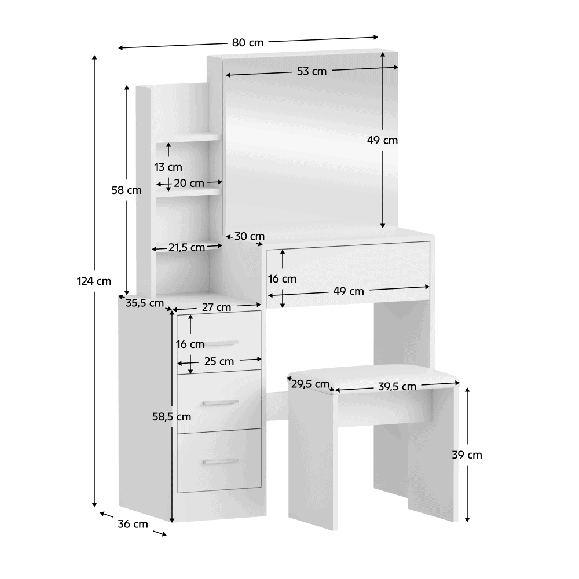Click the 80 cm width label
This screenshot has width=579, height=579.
(248, 43)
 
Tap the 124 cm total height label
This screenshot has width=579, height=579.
(94, 281)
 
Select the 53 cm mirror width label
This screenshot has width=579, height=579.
(312, 71)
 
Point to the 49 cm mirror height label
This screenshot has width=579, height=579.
(382, 140)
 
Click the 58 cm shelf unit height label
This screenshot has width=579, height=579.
(126, 190)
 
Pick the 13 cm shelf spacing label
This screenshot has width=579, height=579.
(168, 167)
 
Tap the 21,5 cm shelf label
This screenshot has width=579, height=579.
(186, 248)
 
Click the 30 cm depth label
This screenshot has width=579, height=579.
(249, 236)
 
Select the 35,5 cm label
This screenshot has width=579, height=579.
(144, 303)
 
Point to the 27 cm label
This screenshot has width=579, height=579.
(217, 307)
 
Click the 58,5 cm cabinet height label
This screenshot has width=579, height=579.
(172, 417)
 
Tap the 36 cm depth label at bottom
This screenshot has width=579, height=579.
(133, 524)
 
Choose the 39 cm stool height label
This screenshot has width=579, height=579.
(467, 455)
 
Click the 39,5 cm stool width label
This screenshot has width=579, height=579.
(397, 387)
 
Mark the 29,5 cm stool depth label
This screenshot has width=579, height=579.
(310, 384)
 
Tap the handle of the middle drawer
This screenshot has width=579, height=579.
(221, 402)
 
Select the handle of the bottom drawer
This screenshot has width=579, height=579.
(221, 461)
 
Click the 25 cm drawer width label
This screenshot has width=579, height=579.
(219, 361)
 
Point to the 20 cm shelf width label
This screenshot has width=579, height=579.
(189, 184)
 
